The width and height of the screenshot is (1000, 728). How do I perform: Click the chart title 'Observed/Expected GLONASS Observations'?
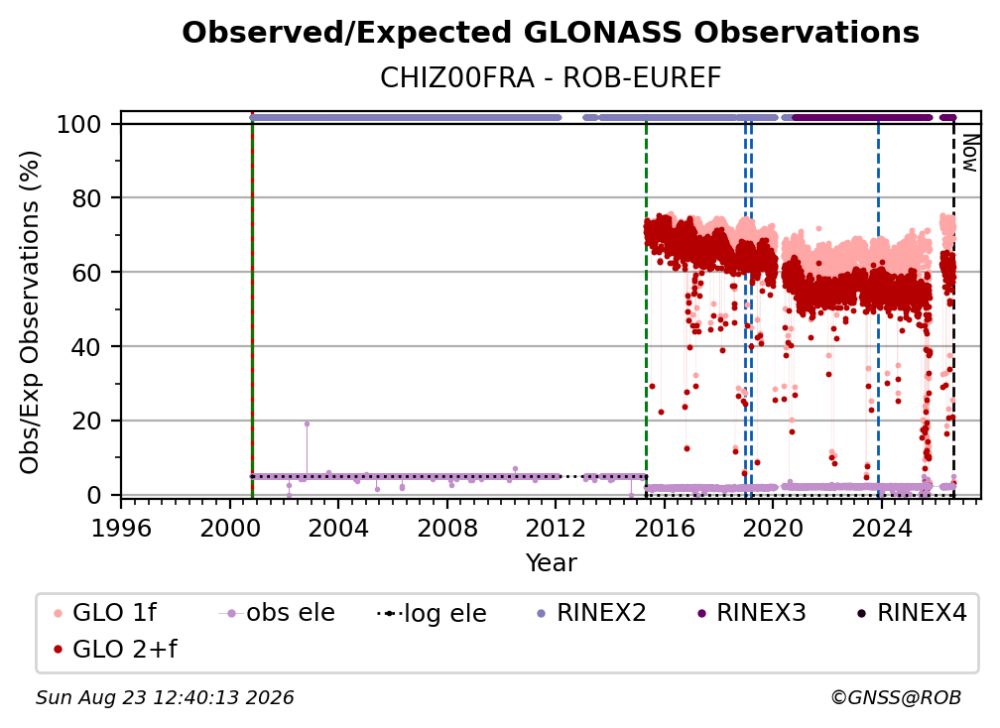(551, 33)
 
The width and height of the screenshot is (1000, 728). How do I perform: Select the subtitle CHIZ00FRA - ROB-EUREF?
(551, 77)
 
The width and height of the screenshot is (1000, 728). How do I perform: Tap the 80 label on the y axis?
(86, 198)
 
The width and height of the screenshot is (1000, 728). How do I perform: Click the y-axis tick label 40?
(86, 347)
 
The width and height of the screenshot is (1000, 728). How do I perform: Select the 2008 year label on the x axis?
(447, 529)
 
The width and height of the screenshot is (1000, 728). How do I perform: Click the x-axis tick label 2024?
(881, 529)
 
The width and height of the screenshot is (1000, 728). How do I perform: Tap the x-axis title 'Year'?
(551, 563)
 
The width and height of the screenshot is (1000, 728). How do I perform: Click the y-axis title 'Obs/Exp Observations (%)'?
(30, 312)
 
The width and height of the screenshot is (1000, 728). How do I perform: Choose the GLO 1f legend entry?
(105, 613)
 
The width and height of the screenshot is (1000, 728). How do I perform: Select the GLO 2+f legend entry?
(115, 649)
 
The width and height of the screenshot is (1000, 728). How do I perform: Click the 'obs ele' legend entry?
(277, 613)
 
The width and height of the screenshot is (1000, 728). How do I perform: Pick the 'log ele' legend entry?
(432, 613)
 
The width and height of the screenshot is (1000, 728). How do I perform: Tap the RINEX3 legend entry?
(751, 613)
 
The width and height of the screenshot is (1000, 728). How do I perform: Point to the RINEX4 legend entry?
(912, 613)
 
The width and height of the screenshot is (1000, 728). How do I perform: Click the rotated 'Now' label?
(969, 153)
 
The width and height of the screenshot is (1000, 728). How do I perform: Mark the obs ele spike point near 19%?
(307, 424)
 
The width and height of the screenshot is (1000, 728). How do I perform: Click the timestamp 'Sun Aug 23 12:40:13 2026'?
(165, 698)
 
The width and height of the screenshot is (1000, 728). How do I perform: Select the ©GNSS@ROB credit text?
(896, 698)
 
